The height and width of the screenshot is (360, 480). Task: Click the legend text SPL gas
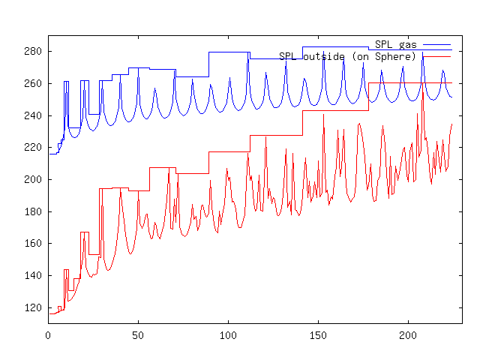(395, 45)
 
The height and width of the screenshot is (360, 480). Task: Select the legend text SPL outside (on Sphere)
(347, 56)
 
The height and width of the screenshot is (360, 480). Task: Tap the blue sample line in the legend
(436, 45)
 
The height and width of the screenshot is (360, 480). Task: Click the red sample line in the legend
(436, 56)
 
